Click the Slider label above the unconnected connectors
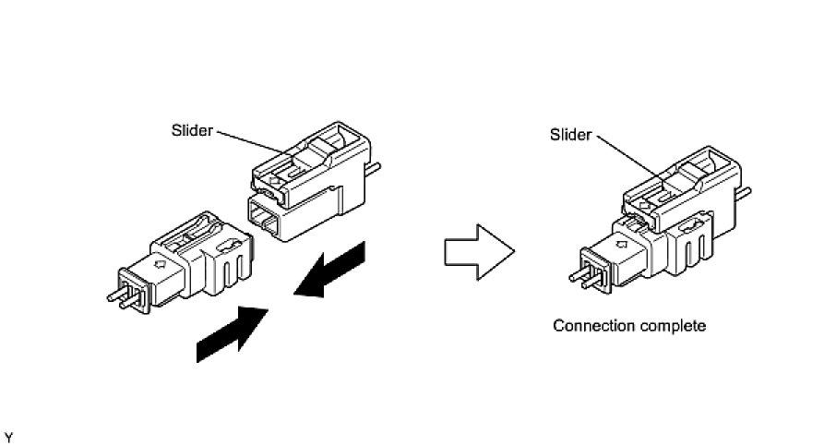192,130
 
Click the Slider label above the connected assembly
570,134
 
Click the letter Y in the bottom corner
9,435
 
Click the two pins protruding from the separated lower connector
118,296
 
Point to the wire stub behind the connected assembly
745,194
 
